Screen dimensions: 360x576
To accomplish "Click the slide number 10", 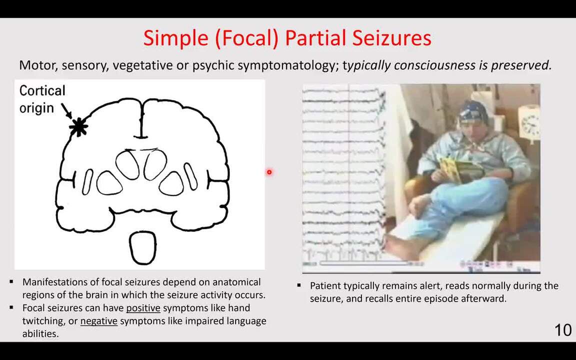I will click(562, 330).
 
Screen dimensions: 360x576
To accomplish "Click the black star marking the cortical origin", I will click(78, 127).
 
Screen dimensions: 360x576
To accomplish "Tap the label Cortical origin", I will click(42, 99).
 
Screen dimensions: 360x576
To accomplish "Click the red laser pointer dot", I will click(269, 172).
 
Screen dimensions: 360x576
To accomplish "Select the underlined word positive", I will click(143, 308).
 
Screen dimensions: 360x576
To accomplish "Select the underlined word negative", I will click(98, 321).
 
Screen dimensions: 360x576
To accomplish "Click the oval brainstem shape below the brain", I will click(143, 247).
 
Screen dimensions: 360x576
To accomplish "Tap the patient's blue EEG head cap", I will click(472, 112).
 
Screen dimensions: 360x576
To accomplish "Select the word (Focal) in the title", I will click(246, 38).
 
